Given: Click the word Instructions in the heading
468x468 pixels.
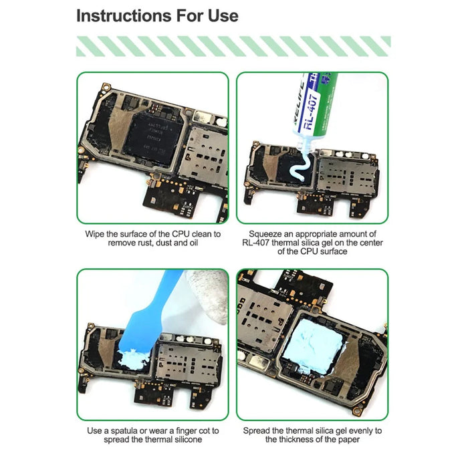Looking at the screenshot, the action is click(124, 15).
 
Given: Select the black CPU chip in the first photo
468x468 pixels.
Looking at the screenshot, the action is click(153, 138).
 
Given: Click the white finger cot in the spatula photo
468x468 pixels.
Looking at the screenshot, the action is click(209, 296).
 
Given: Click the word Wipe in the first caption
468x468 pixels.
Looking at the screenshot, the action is click(94, 234).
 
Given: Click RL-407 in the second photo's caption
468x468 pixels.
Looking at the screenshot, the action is click(256, 243).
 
